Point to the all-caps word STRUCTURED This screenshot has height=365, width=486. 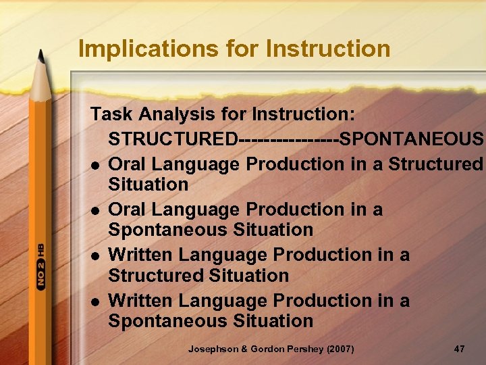pos(173,139)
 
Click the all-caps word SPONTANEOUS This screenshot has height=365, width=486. pos(412,139)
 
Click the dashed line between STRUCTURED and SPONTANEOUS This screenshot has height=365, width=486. pos(288,139)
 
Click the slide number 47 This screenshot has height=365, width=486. pos(459,349)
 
